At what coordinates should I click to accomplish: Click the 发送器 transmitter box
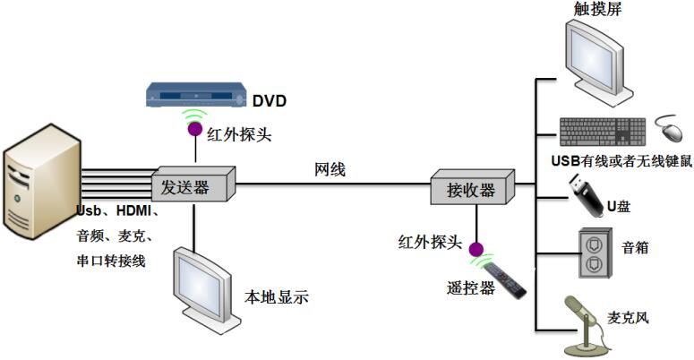click(x=193, y=186)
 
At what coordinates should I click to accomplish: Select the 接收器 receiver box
click(x=474, y=188)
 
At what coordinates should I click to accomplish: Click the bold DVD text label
click(x=269, y=101)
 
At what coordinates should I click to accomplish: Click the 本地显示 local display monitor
click(x=203, y=281)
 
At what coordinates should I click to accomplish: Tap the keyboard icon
click(x=603, y=132)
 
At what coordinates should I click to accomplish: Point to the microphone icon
click(x=589, y=321)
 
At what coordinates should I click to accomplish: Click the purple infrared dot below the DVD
click(x=193, y=130)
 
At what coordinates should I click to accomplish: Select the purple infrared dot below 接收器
click(x=476, y=249)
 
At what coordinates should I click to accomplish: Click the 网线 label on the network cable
click(x=330, y=168)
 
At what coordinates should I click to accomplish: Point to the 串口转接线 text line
click(x=112, y=261)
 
